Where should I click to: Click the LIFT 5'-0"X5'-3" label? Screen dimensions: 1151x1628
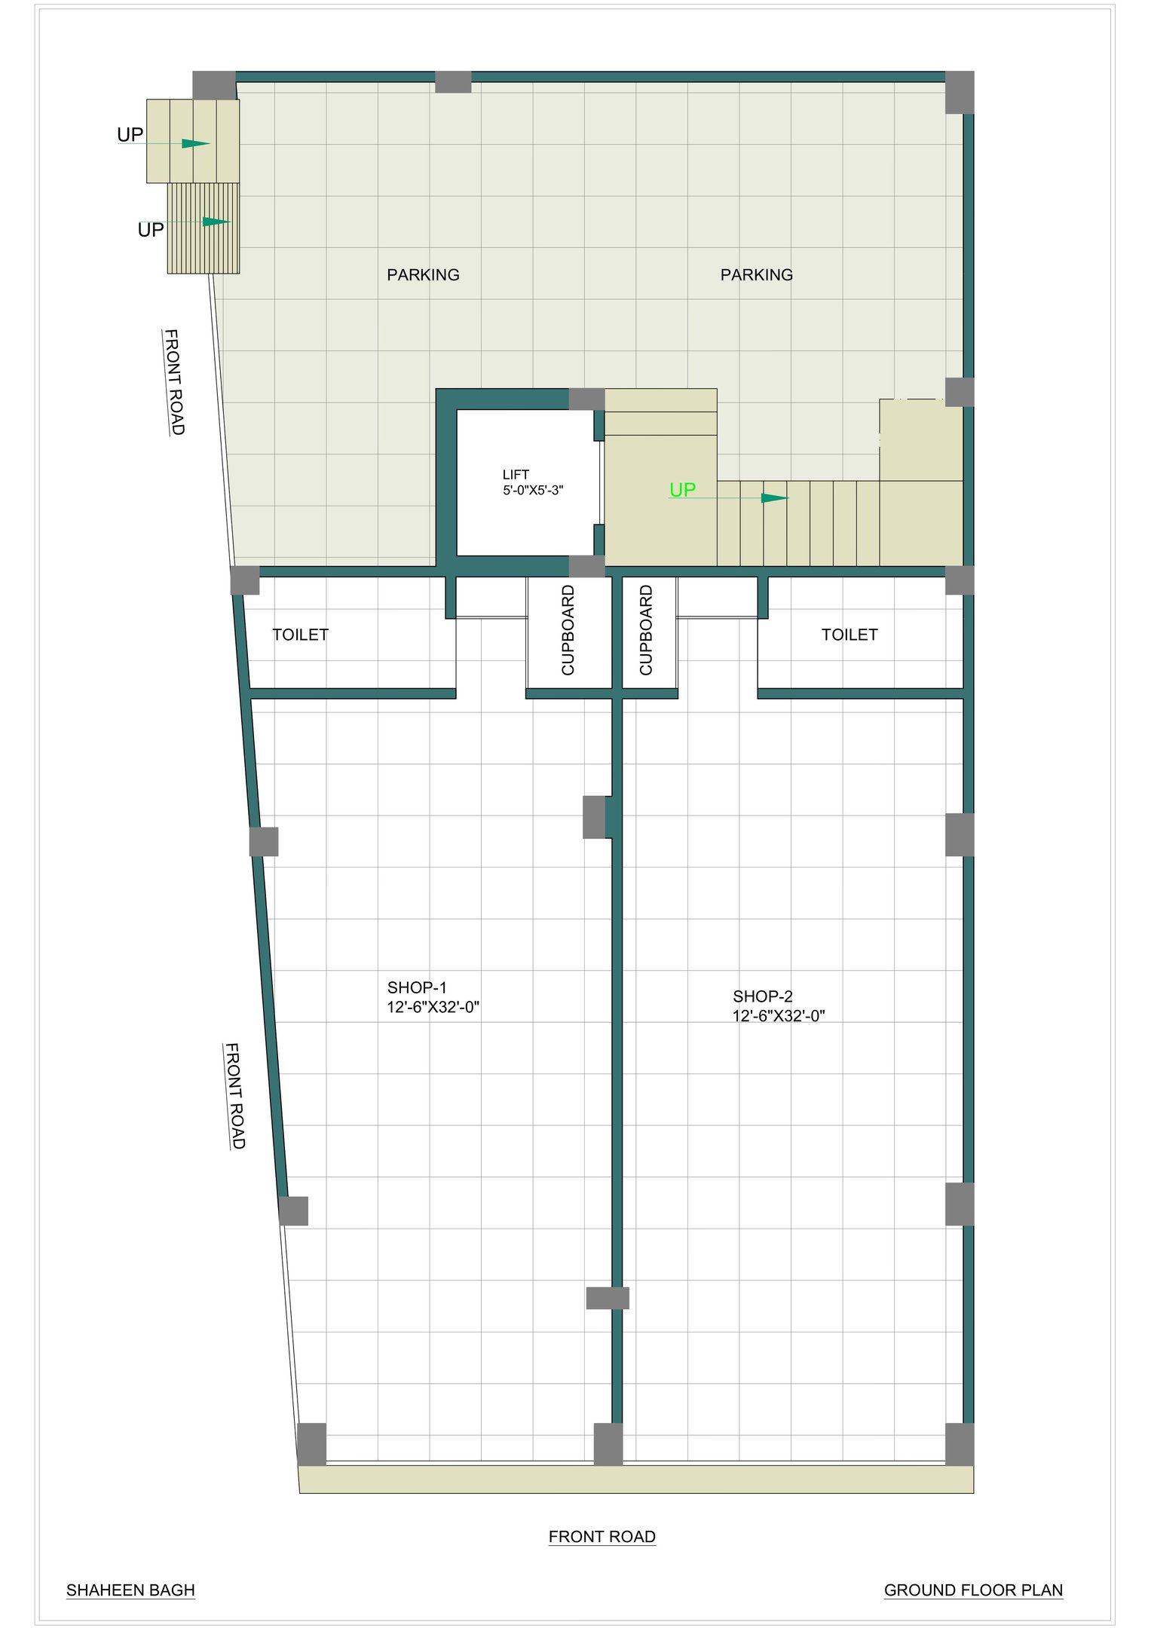click(x=533, y=482)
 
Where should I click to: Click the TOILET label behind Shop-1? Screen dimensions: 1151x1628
click(x=300, y=635)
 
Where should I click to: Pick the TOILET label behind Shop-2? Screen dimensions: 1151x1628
click(x=849, y=635)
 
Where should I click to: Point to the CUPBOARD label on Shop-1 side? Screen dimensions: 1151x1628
click(x=568, y=630)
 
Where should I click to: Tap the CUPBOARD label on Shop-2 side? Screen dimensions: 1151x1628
click(x=646, y=630)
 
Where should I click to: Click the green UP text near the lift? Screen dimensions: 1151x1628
click(x=682, y=490)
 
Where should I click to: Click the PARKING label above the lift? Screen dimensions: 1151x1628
click(x=423, y=275)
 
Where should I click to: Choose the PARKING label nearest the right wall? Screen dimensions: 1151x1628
click(x=757, y=275)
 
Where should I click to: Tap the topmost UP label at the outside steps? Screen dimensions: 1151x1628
click(x=130, y=135)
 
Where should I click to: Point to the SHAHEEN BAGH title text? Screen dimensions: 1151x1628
click(x=130, y=1590)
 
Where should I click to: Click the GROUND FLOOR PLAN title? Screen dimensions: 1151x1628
click(x=973, y=1590)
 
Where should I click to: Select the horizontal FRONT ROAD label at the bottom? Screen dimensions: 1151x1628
click(x=602, y=1536)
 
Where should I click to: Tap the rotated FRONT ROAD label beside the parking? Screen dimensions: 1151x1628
click(x=174, y=382)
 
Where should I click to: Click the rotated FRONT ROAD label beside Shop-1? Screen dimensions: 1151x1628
click(x=235, y=1096)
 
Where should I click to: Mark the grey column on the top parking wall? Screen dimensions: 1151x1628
click(x=453, y=82)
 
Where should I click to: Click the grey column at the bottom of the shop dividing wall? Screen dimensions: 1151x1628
click(x=608, y=1444)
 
